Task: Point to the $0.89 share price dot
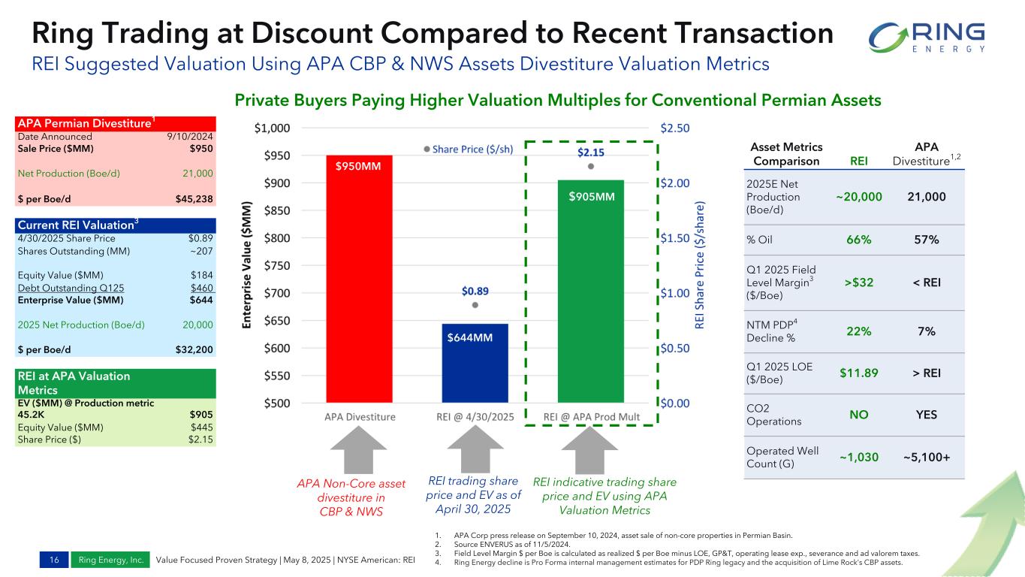(x=475, y=305)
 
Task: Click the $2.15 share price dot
(x=591, y=166)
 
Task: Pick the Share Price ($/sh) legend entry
(x=469, y=149)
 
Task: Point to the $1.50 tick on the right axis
(x=676, y=238)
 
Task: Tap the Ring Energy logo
(x=927, y=37)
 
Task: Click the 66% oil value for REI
(x=858, y=240)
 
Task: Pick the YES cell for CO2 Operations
(x=926, y=415)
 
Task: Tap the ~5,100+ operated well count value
(x=926, y=457)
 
